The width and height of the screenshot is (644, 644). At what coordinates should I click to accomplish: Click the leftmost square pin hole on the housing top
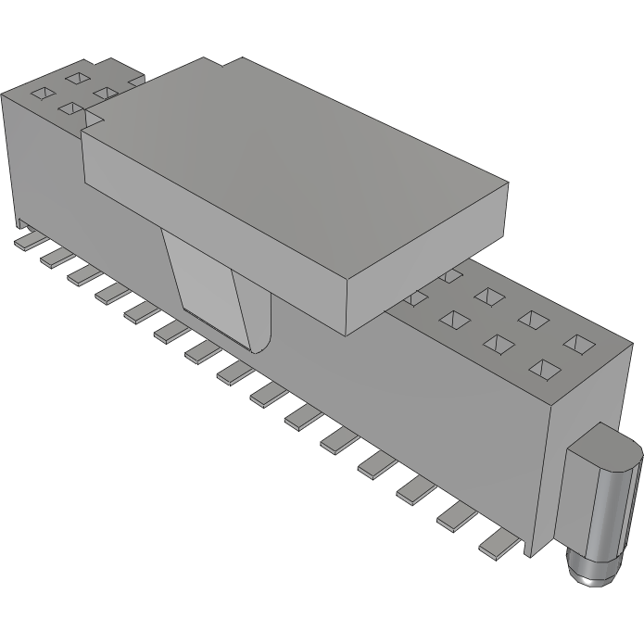(x=43, y=93)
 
